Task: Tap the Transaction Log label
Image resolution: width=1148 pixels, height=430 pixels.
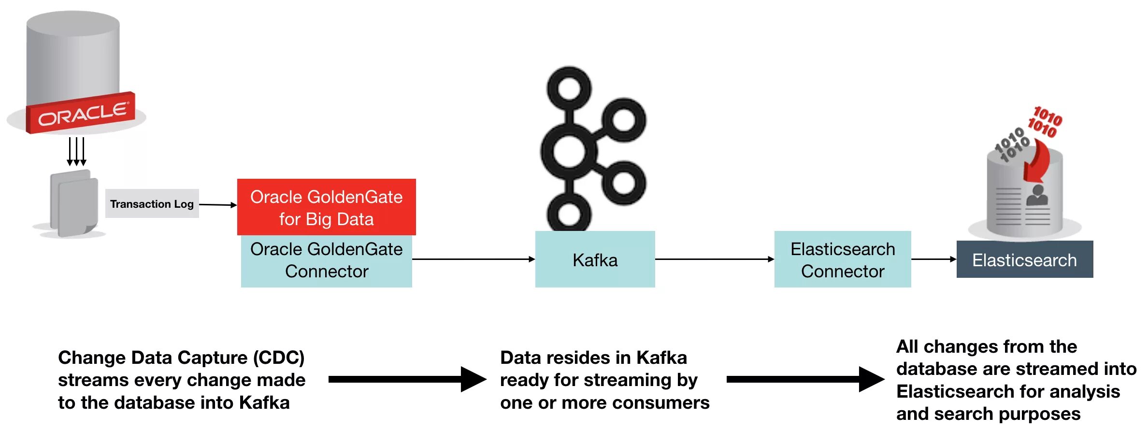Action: tap(152, 204)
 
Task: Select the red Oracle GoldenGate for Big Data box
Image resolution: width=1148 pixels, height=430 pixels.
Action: tap(326, 207)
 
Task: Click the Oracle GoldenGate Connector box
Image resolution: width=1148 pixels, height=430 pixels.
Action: tap(326, 261)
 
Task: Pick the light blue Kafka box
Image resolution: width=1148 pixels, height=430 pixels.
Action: tap(595, 259)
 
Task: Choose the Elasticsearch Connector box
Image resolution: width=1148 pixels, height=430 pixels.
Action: tap(842, 259)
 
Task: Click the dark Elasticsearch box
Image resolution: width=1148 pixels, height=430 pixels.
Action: tap(1024, 259)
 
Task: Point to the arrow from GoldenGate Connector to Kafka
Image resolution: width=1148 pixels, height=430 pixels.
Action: tap(474, 259)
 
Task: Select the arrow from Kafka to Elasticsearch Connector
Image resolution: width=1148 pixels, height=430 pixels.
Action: tap(714, 259)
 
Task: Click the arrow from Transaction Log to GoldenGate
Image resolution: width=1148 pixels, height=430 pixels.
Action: tap(218, 205)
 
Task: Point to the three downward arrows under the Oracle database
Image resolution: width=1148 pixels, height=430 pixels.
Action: tap(76, 151)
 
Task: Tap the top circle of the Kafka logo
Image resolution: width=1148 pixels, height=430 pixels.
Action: tap(569, 88)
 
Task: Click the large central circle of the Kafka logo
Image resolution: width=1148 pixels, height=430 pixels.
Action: tap(569, 151)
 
